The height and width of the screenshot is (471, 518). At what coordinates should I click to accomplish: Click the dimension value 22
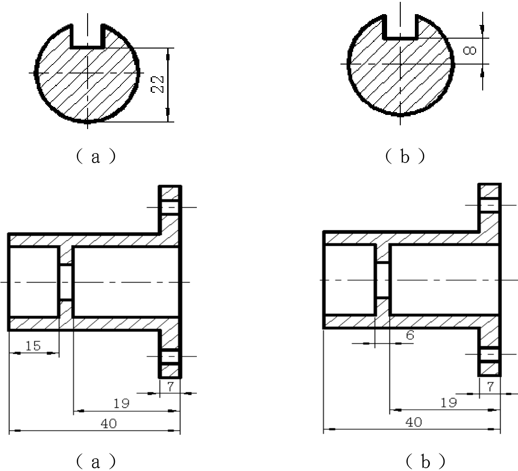[x=158, y=84]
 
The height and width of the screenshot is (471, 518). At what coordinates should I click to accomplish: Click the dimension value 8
[x=469, y=50]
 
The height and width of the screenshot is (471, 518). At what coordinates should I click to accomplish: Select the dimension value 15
[x=33, y=346]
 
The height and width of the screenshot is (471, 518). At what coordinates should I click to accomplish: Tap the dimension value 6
[x=410, y=335]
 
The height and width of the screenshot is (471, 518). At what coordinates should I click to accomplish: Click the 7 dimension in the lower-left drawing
[x=170, y=386]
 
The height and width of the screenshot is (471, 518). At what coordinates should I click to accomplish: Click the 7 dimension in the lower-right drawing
[x=490, y=386]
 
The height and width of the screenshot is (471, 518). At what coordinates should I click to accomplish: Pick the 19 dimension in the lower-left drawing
[x=121, y=404]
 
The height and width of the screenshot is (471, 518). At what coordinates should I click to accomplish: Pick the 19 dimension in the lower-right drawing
[x=449, y=403]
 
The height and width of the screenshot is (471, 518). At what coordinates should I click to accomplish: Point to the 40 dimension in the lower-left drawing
[x=109, y=423]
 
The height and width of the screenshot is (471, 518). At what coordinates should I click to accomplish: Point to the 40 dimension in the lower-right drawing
[x=413, y=422]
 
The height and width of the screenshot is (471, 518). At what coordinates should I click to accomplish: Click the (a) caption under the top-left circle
[x=96, y=156]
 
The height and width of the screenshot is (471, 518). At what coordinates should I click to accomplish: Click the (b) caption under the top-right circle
[x=405, y=156]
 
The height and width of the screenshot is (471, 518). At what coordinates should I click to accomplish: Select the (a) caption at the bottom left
[x=96, y=461]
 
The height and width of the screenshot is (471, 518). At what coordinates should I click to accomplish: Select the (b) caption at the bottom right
[x=426, y=461]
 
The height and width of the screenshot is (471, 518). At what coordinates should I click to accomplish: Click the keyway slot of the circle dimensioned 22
[x=88, y=36]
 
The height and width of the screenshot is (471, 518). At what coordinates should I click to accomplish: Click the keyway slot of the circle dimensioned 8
[x=400, y=26]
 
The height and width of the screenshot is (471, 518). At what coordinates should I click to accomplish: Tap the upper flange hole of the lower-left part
[x=170, y=207]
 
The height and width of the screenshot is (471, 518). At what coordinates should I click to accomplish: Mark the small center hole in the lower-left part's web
[x=66, y=282]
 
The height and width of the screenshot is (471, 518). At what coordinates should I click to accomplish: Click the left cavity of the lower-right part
[x=350, y=280]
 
